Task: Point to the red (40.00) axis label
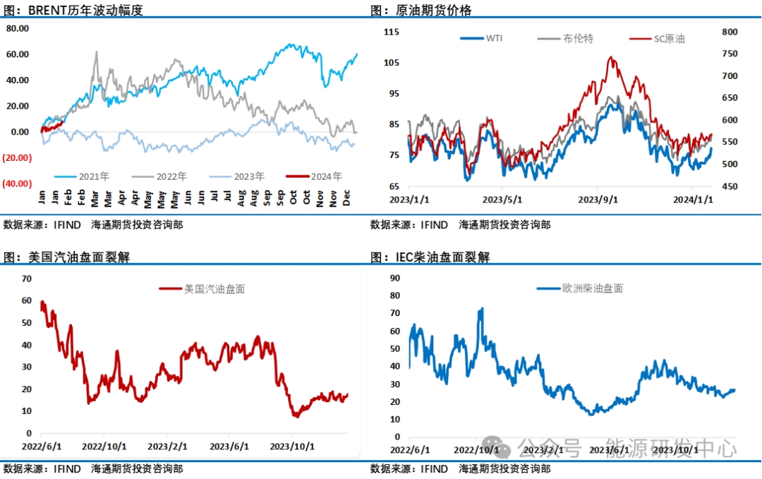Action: [17, 183]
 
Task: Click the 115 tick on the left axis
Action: [392, 32]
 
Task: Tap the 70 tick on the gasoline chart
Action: [27, 279]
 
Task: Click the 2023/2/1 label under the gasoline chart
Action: [167, 447]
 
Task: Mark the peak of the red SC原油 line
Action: [611, 57]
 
